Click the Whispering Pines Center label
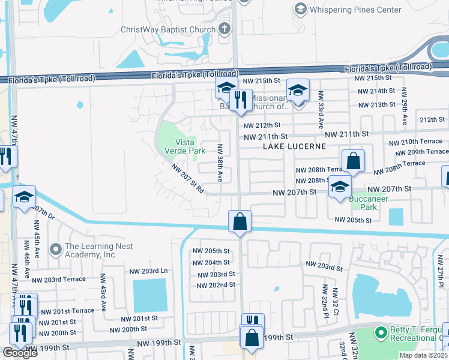point(347,10)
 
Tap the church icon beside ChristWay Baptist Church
point(224,29)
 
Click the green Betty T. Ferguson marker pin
point(379,332)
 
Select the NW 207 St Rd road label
point(188,179)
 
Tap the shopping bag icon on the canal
point(240,221)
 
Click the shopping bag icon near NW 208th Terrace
point(354,161)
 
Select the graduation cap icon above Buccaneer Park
point(340,187)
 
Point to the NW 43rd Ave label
point(103,292)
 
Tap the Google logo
point(20,353)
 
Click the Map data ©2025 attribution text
point(423,355)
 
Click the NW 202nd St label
point(213,284)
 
